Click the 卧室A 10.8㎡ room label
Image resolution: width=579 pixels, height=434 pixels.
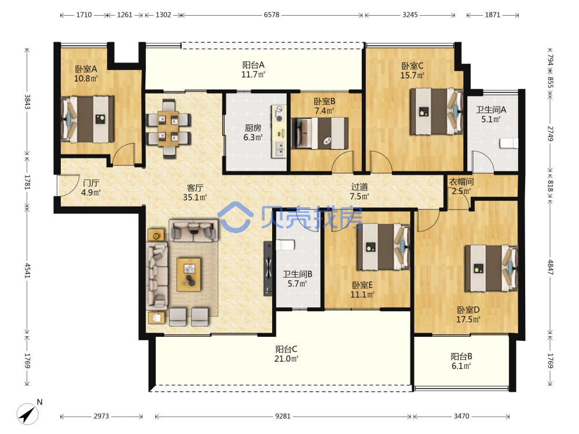pos(86,73)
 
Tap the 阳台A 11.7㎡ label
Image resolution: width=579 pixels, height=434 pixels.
pos(254,69)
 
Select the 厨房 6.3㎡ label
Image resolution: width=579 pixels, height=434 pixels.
pos(253,133)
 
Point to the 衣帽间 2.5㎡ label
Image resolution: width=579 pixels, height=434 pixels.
pos(461,186)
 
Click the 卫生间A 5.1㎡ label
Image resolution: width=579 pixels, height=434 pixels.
pos(491,114)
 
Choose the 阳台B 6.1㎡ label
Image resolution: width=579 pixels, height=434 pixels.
pos(461,361)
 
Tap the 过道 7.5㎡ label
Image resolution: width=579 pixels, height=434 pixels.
pos(360,192)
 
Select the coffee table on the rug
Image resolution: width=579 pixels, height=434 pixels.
pos(189,274)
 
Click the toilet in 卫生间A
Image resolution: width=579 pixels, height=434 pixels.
pos(508,143)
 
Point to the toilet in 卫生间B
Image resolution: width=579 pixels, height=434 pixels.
pos(285,245)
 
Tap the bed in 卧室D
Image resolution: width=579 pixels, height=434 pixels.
pos(491,268)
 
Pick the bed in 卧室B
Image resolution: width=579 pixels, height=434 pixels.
pos(320,133)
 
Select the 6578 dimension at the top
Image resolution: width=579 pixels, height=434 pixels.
pos(272,15)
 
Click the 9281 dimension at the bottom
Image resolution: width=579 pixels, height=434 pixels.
pos(283,416)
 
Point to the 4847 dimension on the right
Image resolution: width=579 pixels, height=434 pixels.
pos(550,267)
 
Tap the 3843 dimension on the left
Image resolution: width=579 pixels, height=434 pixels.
pos(27,102)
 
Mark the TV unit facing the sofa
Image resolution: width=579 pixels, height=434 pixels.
pos(268,269)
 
